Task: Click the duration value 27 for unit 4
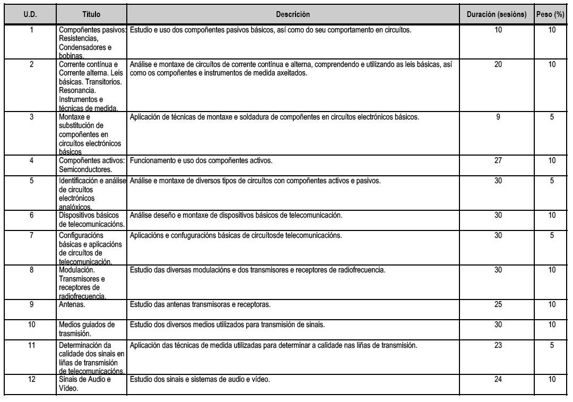click(x=498, y=160)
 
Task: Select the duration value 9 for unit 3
click(x=498, y=117)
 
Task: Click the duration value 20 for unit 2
click(x=498, y=64)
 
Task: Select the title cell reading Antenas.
click(x=72, y=305)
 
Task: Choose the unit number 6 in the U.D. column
click(x=31, y=216)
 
